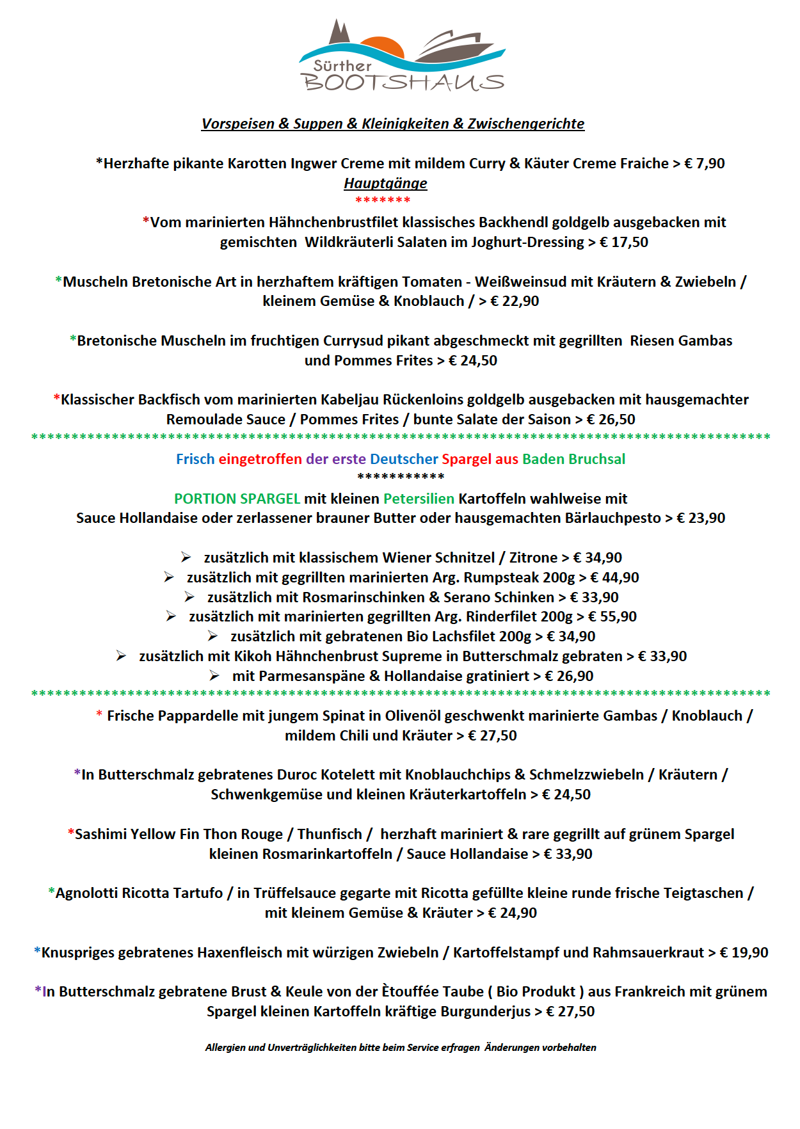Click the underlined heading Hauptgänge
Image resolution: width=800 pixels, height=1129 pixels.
pyautogui.click(x=385, y=184)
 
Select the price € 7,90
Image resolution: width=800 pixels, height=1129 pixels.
pyautogui.click(x=704, y=164)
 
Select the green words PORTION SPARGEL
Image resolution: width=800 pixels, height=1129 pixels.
pyautogui.click(x=237, y=499)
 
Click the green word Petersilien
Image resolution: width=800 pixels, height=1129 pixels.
pyautogui.click(x=419, y=499)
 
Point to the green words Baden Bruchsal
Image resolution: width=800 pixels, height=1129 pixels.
pyautogui.click(x=573, y=460)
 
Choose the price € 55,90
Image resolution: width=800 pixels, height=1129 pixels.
pyautogui.click(x=612, y=617)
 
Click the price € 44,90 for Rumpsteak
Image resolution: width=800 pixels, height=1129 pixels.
pyautogui.click(x=614, y=578)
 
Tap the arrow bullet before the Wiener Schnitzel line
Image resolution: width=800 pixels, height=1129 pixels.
pyautogui.click(x=186, y=558)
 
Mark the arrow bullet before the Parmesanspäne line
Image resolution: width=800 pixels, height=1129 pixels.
pyautogui.click(x=214, y=677)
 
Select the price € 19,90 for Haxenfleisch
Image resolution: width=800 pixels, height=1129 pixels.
pyautogui.click(x=744, y=953)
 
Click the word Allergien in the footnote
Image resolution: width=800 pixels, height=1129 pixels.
pyautogui.click(x=225, y=1048)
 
